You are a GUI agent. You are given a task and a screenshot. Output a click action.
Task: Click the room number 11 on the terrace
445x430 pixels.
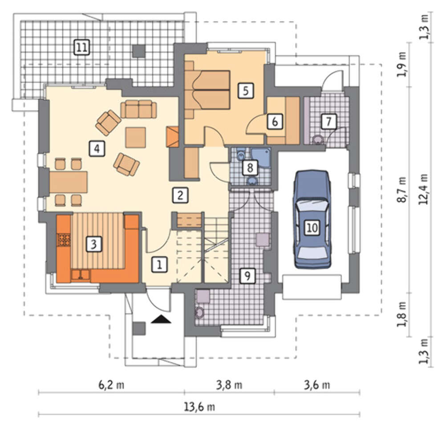82,47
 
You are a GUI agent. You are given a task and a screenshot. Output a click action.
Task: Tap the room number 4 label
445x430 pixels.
97,148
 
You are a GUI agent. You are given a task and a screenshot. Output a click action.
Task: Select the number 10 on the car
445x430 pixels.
312,227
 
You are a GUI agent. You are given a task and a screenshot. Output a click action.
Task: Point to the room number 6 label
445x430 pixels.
275,122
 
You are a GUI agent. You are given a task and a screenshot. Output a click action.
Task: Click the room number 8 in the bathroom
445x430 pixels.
250,167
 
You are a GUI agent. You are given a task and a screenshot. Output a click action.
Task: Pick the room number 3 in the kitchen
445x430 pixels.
93,244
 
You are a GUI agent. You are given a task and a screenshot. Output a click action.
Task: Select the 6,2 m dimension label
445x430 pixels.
111,385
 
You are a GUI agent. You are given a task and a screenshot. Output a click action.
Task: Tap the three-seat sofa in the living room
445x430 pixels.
138,109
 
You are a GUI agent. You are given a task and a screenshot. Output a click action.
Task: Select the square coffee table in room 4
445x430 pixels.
136,138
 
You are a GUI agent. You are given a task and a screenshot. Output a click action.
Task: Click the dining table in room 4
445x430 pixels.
69,182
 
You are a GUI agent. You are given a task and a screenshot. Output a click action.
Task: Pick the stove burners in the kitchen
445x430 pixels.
64,240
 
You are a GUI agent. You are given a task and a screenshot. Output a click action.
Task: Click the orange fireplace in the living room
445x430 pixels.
173,137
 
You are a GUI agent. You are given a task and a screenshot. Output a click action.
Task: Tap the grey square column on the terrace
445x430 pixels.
139,51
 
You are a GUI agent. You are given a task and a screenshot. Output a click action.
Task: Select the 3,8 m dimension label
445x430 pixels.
229,385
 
